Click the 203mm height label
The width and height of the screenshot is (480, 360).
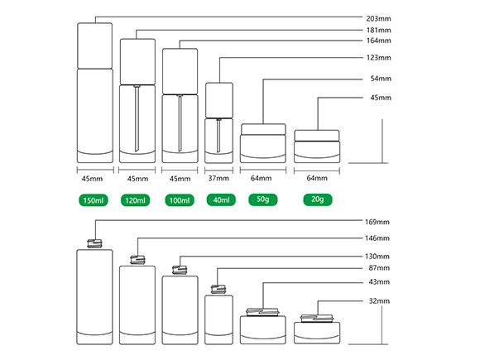tap(378, 19)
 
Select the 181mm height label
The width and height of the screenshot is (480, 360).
tap(378, 31)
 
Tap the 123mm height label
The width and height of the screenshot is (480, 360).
tap(378, 58)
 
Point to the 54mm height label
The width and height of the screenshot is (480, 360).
tap(381, 79)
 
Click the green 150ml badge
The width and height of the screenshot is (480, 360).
tap(94, 200)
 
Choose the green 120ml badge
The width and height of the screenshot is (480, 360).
tap(135, 200)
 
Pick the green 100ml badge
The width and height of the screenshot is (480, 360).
tap(180, 200)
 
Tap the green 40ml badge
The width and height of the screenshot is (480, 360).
tap(221, 200)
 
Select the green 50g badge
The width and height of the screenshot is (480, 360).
tap(263, 199)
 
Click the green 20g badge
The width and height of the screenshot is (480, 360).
tap(318, 199)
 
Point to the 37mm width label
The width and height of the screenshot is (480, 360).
tap(218, 178)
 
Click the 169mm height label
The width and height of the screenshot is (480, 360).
tap(377, 222)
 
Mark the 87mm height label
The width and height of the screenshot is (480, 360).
tap(379, 268)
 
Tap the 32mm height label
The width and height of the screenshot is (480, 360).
tap(379, 301)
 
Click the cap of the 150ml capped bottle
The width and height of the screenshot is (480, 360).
tap(95, 46)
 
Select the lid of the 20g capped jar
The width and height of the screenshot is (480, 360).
tap(317, 136)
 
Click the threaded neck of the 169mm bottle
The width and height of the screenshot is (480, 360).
tap(94, 243)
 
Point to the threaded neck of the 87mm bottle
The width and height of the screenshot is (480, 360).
tap(218, 290)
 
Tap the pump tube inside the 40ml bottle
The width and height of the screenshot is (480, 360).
tap(218, 136)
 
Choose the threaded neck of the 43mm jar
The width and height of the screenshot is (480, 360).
tap(263, 312)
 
